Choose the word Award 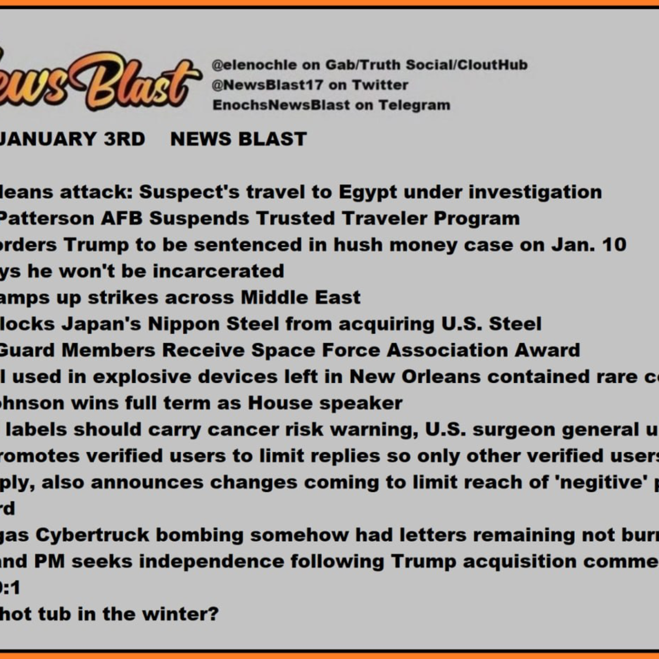pos(547,351)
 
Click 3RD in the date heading pos(125,139)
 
